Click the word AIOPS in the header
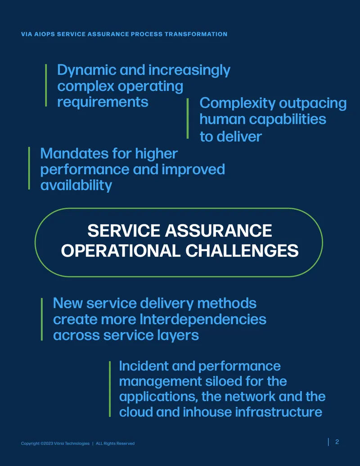[45, 34]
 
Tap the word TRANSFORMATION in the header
[196, 34]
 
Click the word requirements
[103, 102]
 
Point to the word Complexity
[238, 104]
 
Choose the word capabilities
[288, 119]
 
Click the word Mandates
[74, 154]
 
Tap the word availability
[76, 185]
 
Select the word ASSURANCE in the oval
[218, 231]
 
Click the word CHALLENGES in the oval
[242, 250]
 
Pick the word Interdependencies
[203, 320]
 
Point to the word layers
[178, 336]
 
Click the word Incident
[144, 366]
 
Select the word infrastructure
[279, 412]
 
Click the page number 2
[337, 442]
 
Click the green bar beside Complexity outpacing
[188, 118]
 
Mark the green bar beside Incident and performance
[110, 389]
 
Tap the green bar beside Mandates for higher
[29, 168]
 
